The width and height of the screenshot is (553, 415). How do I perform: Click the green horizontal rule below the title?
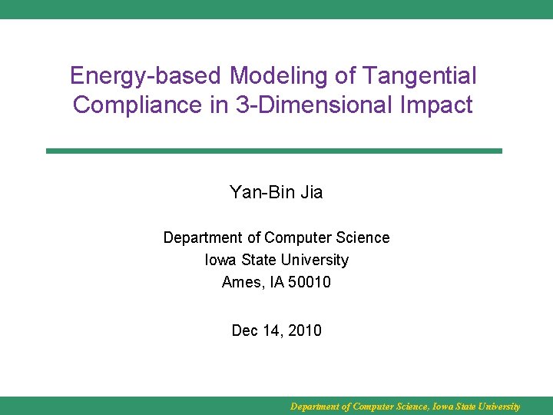(273, 151)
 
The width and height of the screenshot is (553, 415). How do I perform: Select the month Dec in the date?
(246, 331)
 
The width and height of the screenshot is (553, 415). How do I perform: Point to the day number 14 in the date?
(273, 331)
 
